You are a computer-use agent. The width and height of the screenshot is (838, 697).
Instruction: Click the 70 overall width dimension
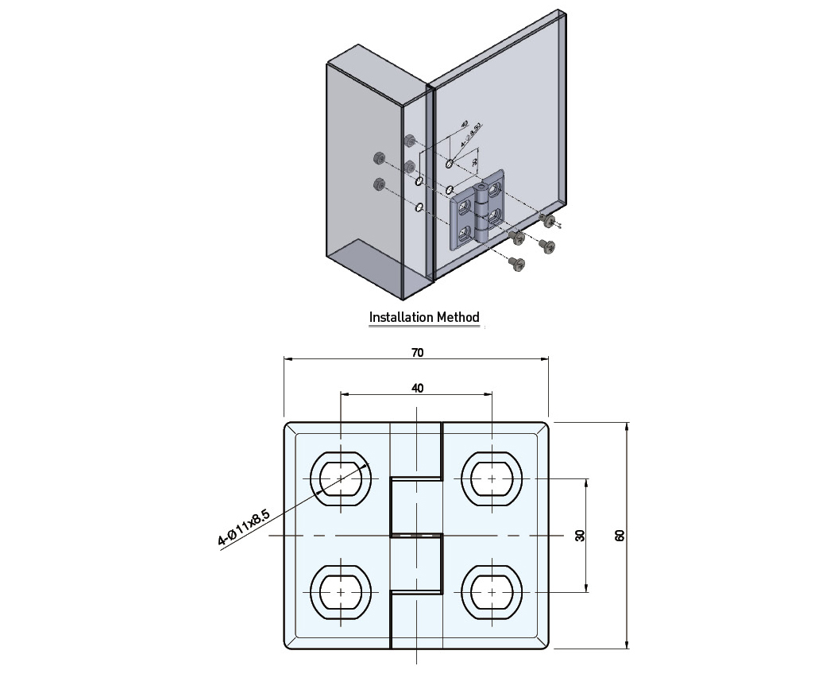[417, 353]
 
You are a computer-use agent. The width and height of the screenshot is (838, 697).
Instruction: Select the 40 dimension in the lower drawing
[417, 388]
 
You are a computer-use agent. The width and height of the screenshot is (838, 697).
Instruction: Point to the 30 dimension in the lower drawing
[581, 536]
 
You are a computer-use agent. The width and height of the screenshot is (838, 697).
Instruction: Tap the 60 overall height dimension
[620, 536]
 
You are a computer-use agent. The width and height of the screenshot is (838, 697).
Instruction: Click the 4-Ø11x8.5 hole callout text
[245, 529]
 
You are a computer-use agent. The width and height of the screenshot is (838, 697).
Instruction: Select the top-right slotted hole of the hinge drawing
[492, 478]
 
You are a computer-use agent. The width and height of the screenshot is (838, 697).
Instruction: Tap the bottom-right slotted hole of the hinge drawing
[492, 592]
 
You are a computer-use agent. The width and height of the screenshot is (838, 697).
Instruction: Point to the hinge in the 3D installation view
[477, 211]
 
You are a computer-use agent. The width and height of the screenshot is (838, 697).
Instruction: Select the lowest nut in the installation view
[379, 185]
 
